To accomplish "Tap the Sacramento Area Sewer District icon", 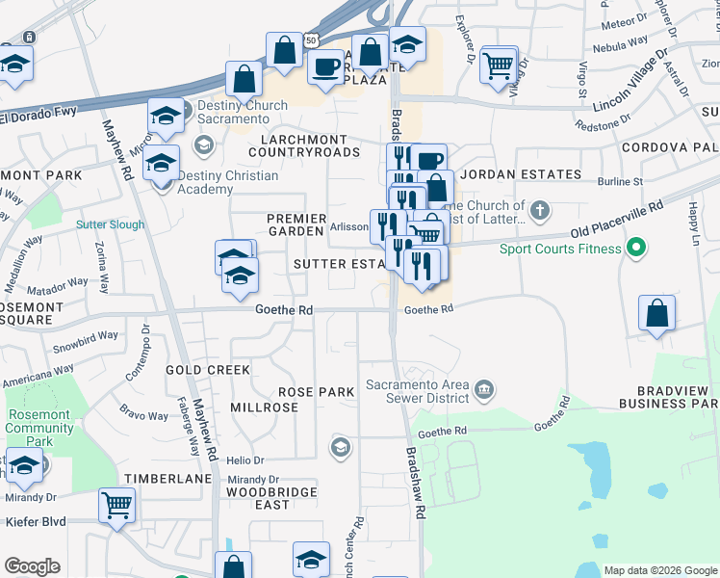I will [x=484, y=387].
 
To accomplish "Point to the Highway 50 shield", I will [x=310, y=40].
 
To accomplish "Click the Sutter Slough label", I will [x=111, y=225].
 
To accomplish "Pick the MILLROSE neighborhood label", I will [x=265, y=408].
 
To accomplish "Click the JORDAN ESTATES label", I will [x=521, y=174].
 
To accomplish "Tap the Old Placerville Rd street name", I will [x=616, y=221].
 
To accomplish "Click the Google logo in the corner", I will [x=33, y=566].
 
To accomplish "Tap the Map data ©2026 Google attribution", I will [x=659, y=570].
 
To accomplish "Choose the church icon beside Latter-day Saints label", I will [x=541, y=209].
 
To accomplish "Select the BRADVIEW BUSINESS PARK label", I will [x=664, y=397].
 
